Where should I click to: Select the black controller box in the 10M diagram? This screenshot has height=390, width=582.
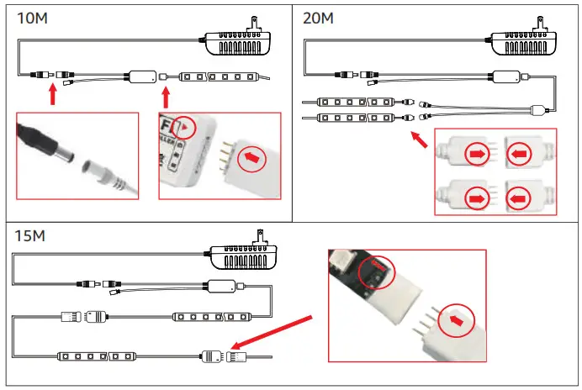coord(141,76)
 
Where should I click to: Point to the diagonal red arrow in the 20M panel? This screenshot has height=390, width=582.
coord(422,140)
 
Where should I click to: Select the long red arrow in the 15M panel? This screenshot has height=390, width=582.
coord(272,331)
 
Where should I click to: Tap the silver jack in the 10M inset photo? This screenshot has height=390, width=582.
coord(109,177)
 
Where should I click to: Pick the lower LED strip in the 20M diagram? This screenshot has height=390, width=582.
coord(353,119)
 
